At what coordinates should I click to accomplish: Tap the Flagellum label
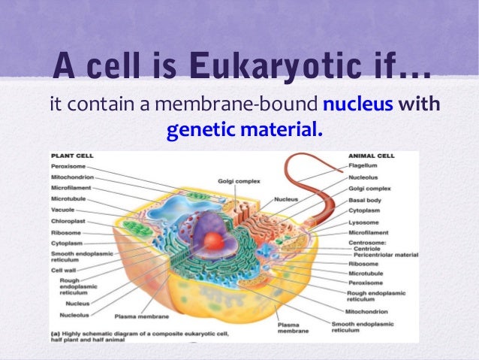365,165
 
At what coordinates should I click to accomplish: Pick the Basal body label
366,201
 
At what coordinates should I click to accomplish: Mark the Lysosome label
364,222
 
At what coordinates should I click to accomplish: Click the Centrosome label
368,242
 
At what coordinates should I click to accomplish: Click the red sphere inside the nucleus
214,241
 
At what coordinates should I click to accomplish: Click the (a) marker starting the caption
55,332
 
